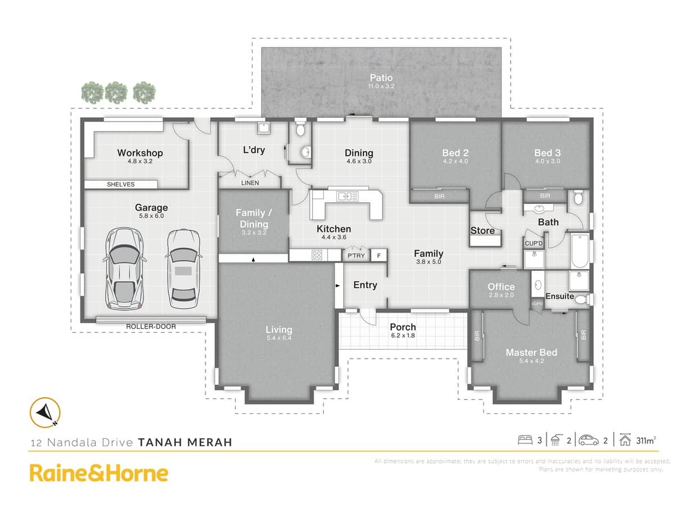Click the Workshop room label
point(140,153)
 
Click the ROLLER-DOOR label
point(151,327)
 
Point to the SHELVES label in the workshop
point(121,184)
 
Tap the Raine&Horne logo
point(99,473)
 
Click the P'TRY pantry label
point(356,255)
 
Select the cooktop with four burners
point(317,255)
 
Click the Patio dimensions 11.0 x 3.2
point(381,86)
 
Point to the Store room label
point(483,230)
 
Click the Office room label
point(501,287)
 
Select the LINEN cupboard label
point(250,183)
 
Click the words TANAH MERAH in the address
point(185,442)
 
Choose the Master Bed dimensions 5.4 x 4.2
point(531,361)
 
